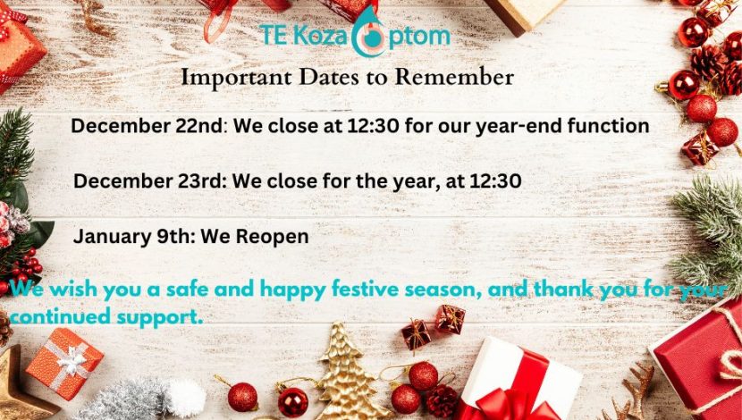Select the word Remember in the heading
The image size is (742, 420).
[454, 77]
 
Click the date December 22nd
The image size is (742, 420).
[147, 126]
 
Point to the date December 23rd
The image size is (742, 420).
[148, 181]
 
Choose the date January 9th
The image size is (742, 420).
[131, 237]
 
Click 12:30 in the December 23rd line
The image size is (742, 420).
[496, 181]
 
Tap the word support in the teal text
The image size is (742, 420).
[160, 317]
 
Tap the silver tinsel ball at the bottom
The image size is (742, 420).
[122, 400]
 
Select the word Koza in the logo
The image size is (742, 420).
[320, 37]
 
